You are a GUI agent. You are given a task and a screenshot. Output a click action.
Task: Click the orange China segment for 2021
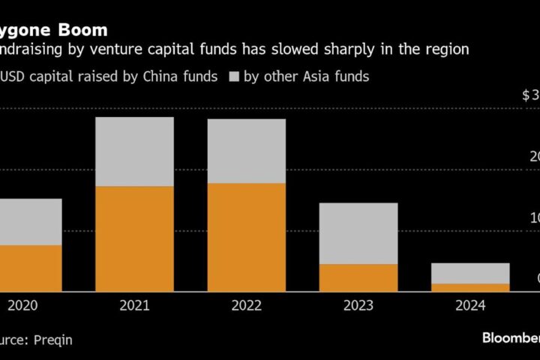(x=134, y=238)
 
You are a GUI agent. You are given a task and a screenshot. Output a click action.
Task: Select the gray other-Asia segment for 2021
(x=134, y=151)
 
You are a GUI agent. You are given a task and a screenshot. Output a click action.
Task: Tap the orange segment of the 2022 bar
(x=247, y=237)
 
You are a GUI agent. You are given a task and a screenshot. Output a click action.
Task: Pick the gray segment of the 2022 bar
(x=247, y=151)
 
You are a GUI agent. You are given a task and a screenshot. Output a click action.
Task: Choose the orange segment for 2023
(x=359, y=277)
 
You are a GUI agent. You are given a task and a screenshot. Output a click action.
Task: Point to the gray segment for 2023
(x=359, y=233)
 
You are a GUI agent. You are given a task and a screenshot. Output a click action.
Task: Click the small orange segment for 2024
(x=470, y=287)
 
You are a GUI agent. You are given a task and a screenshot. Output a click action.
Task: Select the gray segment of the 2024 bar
(x=470, y=273)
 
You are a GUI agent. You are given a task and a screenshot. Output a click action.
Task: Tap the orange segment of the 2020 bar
(x=30, y=268)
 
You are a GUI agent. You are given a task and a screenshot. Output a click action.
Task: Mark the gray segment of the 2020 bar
(x=30, y=221)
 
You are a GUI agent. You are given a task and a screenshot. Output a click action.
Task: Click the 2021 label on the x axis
(x=134, y=306)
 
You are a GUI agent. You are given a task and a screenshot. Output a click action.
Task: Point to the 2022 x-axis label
(x=247, y=306)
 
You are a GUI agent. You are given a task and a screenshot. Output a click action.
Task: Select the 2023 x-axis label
(x=359, y=306)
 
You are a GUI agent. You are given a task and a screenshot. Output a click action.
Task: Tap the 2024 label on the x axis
(x=470, y=306)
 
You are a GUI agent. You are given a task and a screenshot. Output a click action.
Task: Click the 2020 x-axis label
(x=22, y=306)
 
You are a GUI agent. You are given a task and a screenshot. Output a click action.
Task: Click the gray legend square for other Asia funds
(x=233, y=77)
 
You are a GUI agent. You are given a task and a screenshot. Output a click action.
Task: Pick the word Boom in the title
(x=83, y=31)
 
